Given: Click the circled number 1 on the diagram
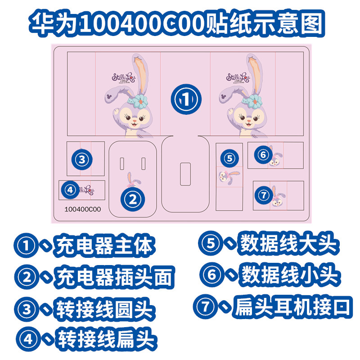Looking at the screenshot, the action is click(184, 99).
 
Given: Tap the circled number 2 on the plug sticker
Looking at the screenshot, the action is click(132, 198).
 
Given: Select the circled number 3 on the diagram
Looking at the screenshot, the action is click(81, 159).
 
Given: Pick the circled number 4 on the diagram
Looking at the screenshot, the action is click(69, 190).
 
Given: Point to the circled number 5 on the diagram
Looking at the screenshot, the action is click(229, 158).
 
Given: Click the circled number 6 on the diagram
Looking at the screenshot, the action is click(263, 154).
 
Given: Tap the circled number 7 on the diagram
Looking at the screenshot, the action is click(264, 195).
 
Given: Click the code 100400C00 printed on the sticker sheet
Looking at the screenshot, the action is click(83, 209).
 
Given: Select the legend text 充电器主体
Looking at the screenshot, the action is click(103, 247).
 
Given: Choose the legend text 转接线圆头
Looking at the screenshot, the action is click(104, 310).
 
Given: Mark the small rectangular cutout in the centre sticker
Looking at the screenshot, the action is click(184, 174).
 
